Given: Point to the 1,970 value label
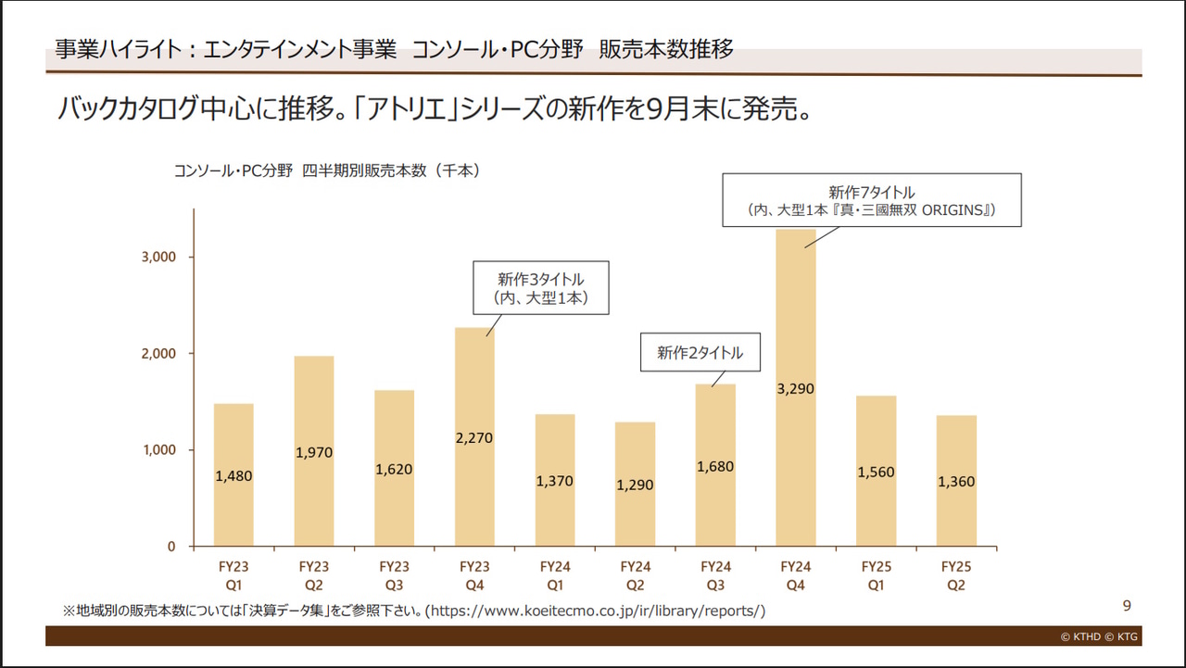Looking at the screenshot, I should click(x=314, y=453).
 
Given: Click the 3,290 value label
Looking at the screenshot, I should click(x=796, y=389).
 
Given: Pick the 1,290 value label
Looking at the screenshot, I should click(x=636, y=485).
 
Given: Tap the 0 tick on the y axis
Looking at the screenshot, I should click(x=170, y=547).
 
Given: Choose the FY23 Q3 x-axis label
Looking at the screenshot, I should click(x=395, y=575).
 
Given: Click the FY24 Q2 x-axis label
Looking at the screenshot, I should click(x=636, y=575).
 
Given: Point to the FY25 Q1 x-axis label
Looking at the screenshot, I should click(x=877, y=575).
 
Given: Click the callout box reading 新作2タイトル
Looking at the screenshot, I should click(x=700, y=353).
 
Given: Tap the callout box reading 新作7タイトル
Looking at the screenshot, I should click(x=872, y=200).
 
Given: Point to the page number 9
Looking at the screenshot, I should click(x=1127, y=606).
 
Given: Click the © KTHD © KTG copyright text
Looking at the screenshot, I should click(x=1100, y=636).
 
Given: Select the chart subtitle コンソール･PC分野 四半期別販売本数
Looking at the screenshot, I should click(x=325, y=170).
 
